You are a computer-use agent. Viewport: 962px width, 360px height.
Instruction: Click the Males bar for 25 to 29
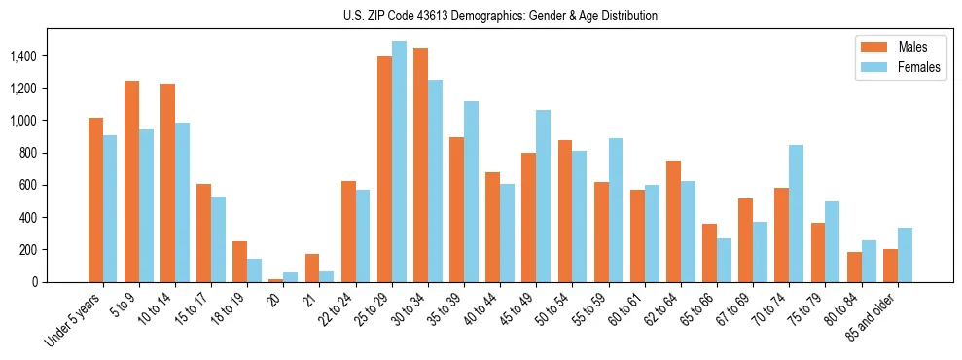(x=384, y=169)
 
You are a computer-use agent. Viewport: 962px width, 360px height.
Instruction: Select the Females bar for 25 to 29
(x=399, y=162)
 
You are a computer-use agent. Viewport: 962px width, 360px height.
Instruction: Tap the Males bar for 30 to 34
(x=420, y=164)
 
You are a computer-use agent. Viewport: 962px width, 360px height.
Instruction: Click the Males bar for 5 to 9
(x=131, y=181)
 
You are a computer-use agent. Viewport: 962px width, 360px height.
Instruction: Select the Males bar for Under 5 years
(x=95, y=199)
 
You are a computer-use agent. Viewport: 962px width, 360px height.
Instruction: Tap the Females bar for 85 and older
(x=905, y=255)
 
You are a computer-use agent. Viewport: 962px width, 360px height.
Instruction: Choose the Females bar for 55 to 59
(x=616, y=210)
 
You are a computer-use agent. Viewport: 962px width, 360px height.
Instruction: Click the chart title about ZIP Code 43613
(x=500, y=16)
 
